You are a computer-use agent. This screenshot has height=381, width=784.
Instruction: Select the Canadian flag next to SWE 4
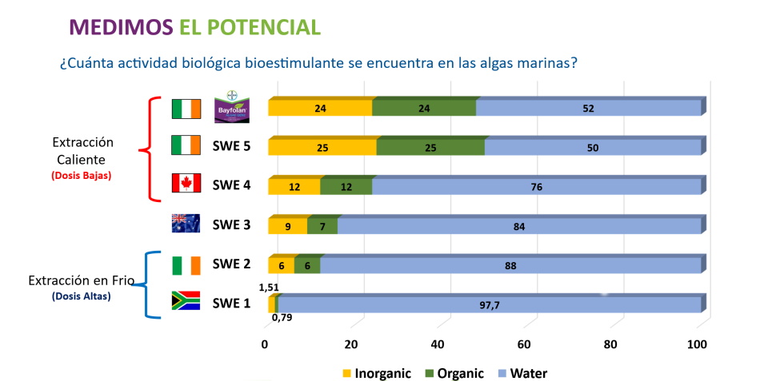tap(186, 184)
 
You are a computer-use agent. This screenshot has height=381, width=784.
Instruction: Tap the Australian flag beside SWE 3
tap(186, 224)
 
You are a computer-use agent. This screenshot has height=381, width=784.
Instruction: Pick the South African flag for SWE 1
tap(186, 302)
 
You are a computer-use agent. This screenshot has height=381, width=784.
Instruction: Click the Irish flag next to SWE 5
tap(186, 145)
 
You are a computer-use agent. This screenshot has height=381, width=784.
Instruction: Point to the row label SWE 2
tap(231, 264)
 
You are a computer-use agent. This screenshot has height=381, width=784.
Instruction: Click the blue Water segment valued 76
tap(536, 187)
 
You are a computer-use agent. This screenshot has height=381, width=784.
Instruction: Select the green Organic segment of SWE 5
tap(430, 148)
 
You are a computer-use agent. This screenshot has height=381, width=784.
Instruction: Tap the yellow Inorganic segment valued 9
tap(287, 226)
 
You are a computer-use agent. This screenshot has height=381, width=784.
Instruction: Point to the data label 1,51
tap(268, 285)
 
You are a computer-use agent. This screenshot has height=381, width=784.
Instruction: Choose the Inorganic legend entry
tap(375, 372)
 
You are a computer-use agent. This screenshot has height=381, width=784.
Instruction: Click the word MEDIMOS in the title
tap(120, 26)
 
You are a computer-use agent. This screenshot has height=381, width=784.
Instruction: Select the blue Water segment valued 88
tap(510, 265)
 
